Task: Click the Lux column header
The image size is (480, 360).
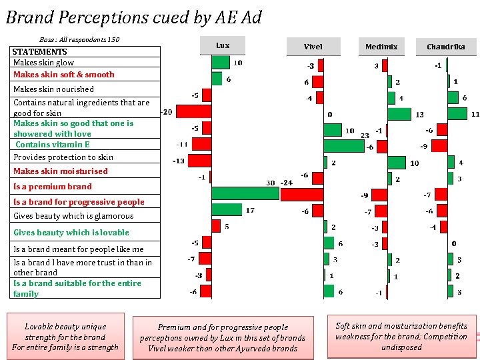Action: pos(223,45)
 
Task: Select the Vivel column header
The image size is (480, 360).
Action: pos(313,47)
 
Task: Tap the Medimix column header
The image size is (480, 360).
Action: pos(381,47)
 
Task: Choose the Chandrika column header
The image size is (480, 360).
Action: pos(446,47)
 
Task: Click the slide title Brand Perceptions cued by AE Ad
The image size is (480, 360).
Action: pos(133,17)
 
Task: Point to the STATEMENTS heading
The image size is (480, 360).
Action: pos(40,51)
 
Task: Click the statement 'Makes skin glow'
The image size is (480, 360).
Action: pos(44,62)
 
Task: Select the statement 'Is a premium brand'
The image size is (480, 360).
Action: pos(53,187)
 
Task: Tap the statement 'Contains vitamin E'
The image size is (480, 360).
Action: pos(53,144)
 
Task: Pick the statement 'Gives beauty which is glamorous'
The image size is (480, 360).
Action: pos(73,216)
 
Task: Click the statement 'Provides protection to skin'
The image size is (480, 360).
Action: pos(63,157)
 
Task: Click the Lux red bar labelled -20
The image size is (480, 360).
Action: pos(193,111)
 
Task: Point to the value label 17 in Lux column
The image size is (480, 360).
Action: pos(250,211)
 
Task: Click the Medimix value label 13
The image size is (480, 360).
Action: pos(419,115)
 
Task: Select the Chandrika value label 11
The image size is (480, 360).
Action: pos(475,115)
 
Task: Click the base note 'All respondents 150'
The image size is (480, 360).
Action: pos(79,40)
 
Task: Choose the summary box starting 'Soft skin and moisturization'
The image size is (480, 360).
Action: pos(401,337)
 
